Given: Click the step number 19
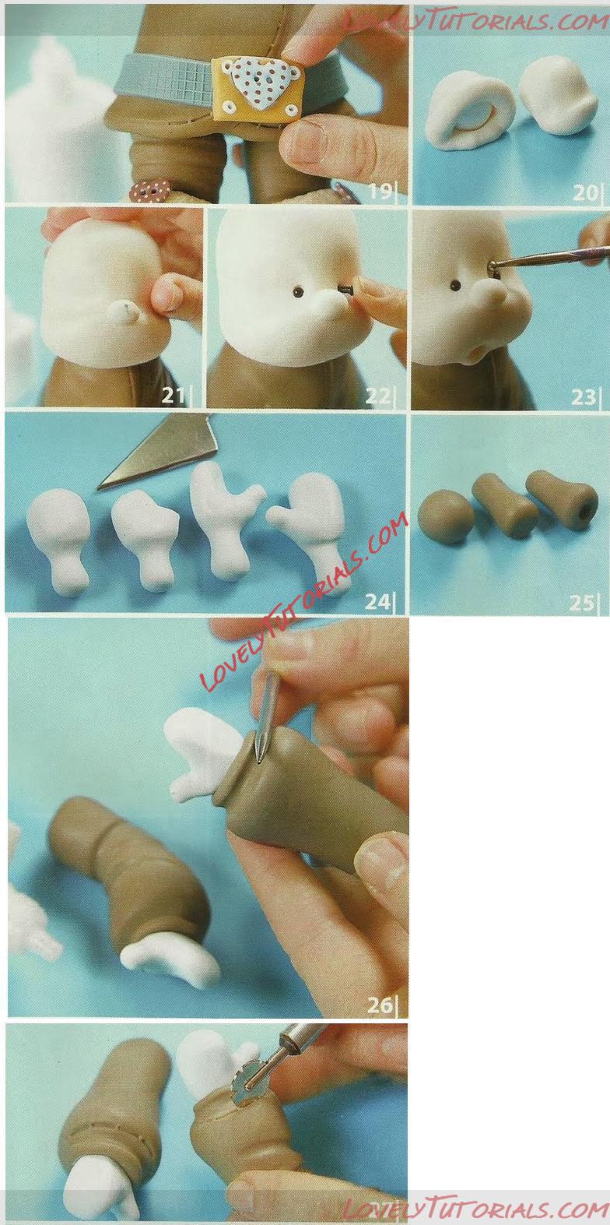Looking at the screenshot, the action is coord(380,192).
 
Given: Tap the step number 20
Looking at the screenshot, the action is coord(584,192).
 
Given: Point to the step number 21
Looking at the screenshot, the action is coord(173,395).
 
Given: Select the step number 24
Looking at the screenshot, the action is coord(378,601).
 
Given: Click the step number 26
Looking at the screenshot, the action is coord(380,1005).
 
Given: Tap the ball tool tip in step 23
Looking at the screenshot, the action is coord(493,266).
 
